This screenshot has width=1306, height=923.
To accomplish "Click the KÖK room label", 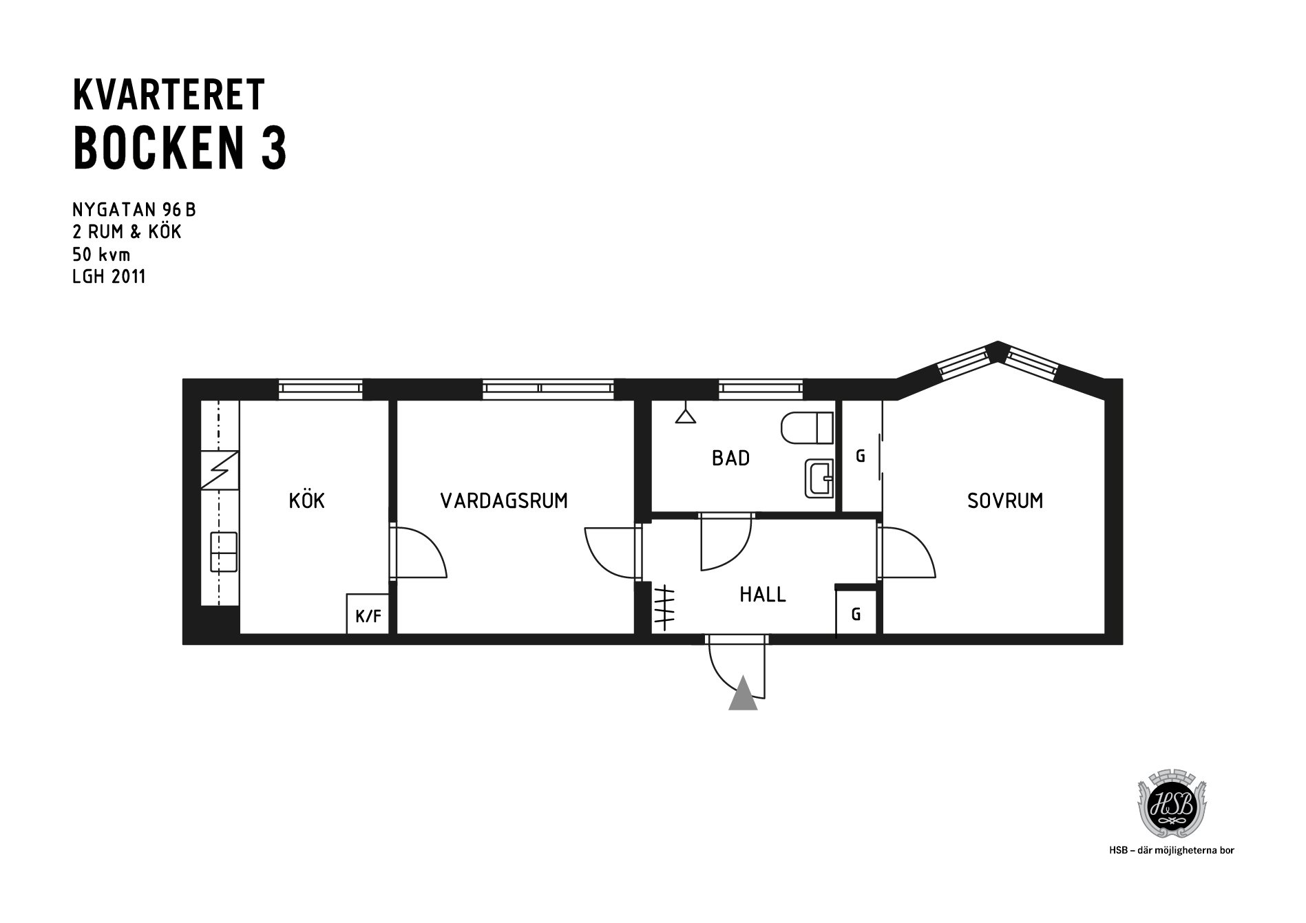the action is coord(306,500).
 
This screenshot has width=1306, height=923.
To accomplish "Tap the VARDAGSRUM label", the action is coord(504,500).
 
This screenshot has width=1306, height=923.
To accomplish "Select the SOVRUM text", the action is coord(1005,500).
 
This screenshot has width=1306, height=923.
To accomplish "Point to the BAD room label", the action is coord(730,458).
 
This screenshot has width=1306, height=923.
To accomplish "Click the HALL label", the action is coord(763,594).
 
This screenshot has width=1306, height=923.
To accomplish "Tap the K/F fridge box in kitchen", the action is coord(368,613).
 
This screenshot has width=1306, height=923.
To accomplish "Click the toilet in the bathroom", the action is coord(807,428).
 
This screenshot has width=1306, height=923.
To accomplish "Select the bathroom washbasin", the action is coord(819,478).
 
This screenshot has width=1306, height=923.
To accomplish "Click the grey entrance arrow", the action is coord(743,692).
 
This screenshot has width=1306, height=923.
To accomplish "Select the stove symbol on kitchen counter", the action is coord(220,469).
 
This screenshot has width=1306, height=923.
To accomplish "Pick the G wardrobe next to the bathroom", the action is coord(861,456).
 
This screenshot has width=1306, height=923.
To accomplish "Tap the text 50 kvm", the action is coord(101,255).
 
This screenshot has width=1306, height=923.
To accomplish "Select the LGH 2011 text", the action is coord(109,277).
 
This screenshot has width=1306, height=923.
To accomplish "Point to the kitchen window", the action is coord(321,389).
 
